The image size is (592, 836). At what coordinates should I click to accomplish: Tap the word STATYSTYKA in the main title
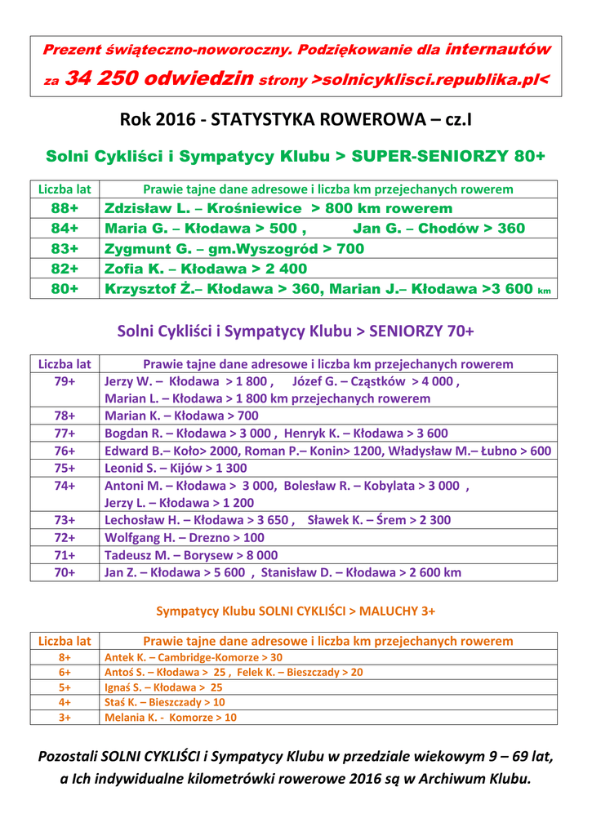263,120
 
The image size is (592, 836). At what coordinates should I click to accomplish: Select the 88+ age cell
65,208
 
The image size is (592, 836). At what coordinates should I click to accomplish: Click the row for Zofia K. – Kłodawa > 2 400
206,269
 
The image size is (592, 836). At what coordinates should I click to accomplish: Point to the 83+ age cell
65,248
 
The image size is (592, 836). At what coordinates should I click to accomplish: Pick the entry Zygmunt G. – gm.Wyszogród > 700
234,248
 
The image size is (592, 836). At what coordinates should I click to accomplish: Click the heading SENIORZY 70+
421,331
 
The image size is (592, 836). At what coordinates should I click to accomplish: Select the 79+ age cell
65,381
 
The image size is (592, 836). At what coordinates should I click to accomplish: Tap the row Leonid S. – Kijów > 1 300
176,468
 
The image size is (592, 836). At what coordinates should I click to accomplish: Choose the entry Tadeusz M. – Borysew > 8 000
191,555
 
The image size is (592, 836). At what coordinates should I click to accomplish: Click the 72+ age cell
65,538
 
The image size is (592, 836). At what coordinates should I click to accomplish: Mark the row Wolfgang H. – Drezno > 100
185,538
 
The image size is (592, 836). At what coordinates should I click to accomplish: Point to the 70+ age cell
65,572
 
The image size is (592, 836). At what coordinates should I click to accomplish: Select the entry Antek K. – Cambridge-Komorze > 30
194,657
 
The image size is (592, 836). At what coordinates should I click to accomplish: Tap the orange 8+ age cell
65,657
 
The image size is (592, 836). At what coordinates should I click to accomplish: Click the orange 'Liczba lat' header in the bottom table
65,642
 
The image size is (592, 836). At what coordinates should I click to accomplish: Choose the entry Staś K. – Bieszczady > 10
165,702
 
